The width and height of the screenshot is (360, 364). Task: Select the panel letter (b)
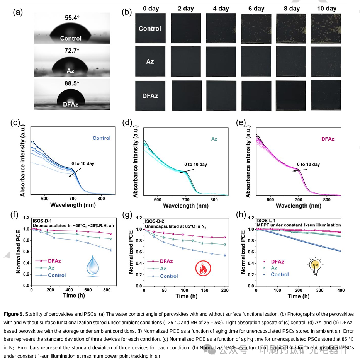[x=126, y=12]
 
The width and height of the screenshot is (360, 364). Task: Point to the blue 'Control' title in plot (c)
[x=101, y=138]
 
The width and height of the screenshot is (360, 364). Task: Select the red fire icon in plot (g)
[x=202, y=268]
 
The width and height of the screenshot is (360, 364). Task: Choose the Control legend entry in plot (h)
[x=280, y=274]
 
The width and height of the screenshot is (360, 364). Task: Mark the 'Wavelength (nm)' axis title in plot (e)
[x=298, y=206]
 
